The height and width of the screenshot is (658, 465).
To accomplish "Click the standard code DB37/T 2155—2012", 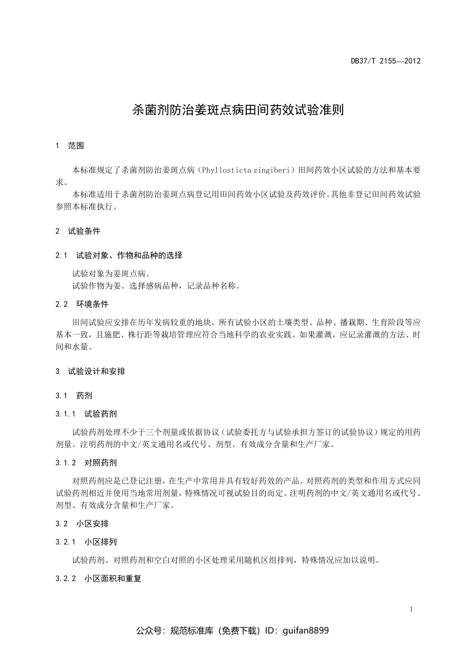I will pyautogui.click(x=386, y=61).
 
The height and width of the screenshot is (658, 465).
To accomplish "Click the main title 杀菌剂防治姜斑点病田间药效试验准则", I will pyautogui.click(x=238, y=110).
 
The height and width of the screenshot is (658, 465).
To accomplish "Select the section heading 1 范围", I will pyautogui.click(x=70, y=145).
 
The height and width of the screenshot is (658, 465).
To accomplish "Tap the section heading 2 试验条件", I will pyautogui.click(x=78, y=231).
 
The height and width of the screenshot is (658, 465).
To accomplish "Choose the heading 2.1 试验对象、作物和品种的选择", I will pyautogui.click(x=119, y=255).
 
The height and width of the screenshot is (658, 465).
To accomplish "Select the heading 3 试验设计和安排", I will pyautogui.click(x=91, y=371).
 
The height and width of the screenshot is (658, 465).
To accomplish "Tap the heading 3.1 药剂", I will pyautogui.click(x=74, y=396).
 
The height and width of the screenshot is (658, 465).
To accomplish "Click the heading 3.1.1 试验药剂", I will pyautogui.click(x=86, y=414).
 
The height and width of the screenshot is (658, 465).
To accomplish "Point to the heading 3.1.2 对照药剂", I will pyautogui.click(x=86, y=463).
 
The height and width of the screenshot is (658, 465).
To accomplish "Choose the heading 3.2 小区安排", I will pyautogui.click(x=82, y=524).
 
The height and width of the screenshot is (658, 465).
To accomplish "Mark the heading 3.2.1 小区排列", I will pyautogui.click(x=86, y=542).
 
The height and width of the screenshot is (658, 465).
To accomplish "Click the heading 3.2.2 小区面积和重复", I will pyautogui.click(x=98, y=579).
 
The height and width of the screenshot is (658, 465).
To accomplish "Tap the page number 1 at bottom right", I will pyautogui.click(x=411, y=610).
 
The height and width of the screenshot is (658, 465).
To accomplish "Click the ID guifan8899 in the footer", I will pyautogui.click(x=306, y=631).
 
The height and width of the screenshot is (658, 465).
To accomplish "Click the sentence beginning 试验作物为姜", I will pyautogui.click(x=156, y=286).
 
